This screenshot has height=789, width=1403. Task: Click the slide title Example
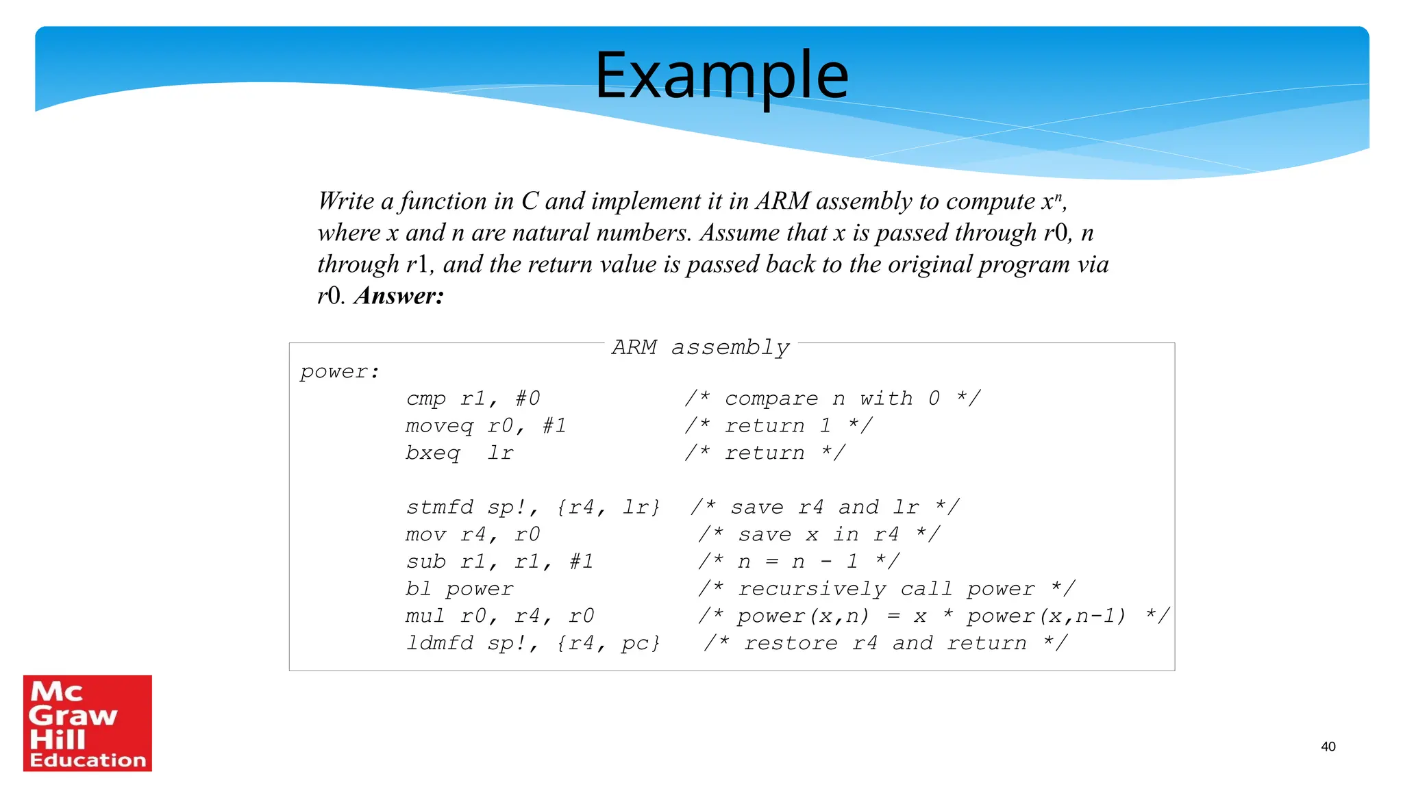click(x=721, y=75)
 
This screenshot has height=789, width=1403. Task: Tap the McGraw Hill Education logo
click(x=88, y=723)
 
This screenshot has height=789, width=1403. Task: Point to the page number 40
click(x=1328, y=747)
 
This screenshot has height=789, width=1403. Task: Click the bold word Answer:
click(x=399, y=296)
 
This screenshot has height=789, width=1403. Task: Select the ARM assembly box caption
click(x=700, y=347)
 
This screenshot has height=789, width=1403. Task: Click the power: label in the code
click(x=340, y=372)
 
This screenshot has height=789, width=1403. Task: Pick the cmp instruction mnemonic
click(x=425, y=399)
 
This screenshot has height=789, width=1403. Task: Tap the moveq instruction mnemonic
click(x=439, y=426)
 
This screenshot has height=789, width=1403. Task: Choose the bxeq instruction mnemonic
click(x=433, y=453)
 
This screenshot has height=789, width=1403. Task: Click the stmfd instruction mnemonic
click(x=439, y=508)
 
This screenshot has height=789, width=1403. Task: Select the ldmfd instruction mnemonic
click(x=439, y=643)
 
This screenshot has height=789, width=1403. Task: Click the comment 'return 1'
click(x=778, y=426)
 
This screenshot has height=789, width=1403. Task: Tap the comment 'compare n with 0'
click(x=832, y=399)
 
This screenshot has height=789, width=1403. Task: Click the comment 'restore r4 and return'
click(x=885, y=643)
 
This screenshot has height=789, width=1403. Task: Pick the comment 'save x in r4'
click(x=819, y=534)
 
